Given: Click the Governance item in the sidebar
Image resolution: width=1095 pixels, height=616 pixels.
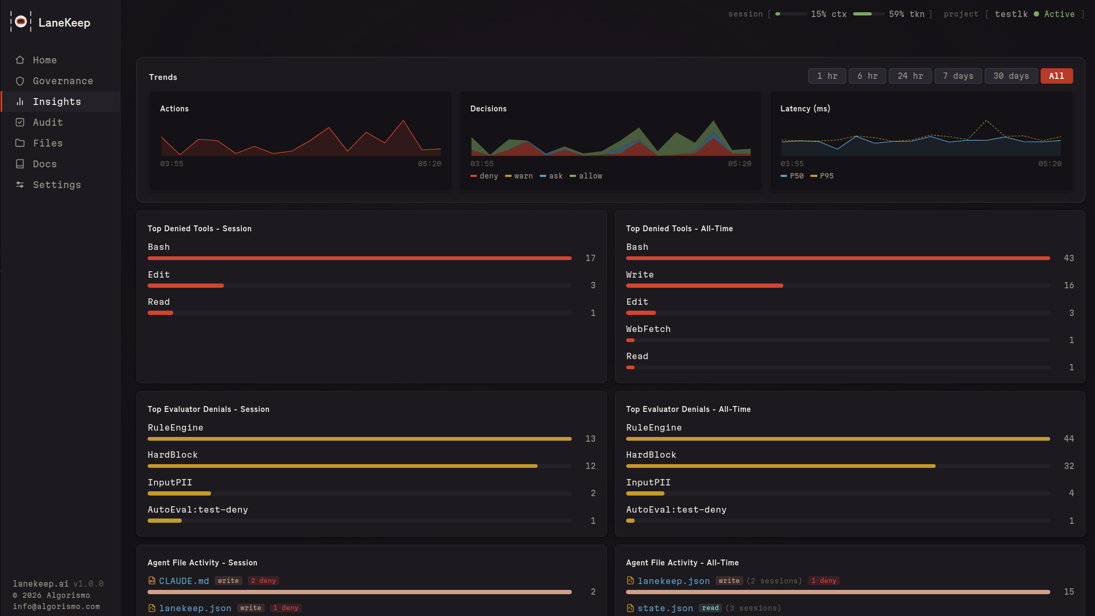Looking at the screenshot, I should [x=62, y=81].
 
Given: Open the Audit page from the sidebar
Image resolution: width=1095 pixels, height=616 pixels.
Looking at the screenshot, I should [x=47, y=123].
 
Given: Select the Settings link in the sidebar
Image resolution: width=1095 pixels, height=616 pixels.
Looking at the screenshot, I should [x=56, y=185].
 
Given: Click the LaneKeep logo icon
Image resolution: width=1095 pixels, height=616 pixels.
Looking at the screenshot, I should [x=21, y=22].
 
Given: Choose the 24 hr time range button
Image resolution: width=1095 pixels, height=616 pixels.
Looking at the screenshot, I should [x=910, y=76].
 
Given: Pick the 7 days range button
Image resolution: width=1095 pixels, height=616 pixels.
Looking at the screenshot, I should [x=958, y=76].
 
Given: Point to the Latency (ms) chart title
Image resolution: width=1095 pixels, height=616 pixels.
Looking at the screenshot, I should [x=805, y=109].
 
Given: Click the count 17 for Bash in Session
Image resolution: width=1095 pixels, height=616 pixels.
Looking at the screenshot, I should [x=590, y=258].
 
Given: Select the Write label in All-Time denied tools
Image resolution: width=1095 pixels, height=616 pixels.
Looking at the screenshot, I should [x=639, y=275].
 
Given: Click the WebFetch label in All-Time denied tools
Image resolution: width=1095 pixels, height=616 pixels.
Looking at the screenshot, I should [x=648, y=329].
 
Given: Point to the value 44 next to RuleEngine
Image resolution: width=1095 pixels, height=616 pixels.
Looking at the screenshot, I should [x=1068, y=439].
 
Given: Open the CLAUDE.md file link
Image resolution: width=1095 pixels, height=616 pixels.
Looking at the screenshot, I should [x=183, y=581].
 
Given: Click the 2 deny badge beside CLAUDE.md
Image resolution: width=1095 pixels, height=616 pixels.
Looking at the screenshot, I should [x=263, y=581].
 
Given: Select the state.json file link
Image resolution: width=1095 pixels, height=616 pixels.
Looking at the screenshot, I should [x=665, y=609].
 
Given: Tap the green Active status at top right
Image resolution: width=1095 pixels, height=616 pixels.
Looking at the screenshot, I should [x=1058, y=14].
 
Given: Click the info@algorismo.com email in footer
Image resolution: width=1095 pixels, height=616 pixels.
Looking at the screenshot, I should [x=56, y=607].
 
